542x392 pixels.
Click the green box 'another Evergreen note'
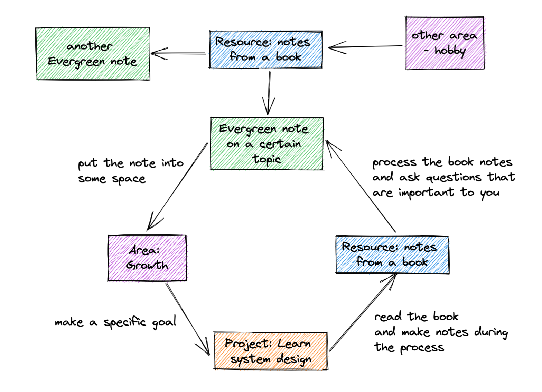pyautogui.click(x=93, y=54)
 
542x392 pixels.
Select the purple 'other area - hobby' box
pyautogui.click(x=445, y=43)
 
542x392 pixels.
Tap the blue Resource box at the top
pyautogui.click(x=265, y=50)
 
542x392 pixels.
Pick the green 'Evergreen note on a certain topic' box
pyautogui.click(x=267, y=144)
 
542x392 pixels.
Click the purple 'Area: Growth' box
pyautogui.click(x=147, y=258)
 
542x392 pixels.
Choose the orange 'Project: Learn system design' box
pyautogui.click(x=271, y=351)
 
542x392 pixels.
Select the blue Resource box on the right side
pyautogui.click(x=392, y=255)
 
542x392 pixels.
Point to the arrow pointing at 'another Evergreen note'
pyautogui.click(x=178, y=54)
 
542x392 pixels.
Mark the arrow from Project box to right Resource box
pyautogui.click(x=363, y=312)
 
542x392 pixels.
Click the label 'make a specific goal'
pyautogui.click(x=115, y=322)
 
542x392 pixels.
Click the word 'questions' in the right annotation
pyautogui.click(x=454, y=178)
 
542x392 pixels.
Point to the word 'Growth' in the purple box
pyautogui.click(x=147, y=266)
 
